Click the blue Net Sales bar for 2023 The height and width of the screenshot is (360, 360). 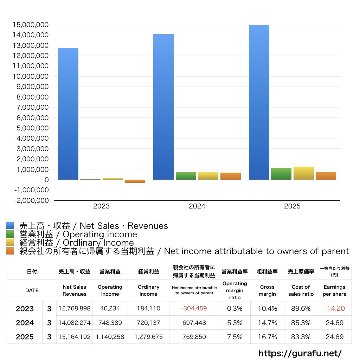(68, 114)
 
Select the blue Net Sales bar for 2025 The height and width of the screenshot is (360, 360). (259, 102)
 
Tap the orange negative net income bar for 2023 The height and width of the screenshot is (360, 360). (135, 181)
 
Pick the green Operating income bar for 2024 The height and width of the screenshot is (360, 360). (186, 176)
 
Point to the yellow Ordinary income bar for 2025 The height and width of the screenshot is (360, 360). (303, 173)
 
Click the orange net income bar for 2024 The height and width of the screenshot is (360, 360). (231, 176)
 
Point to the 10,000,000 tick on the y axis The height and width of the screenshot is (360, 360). (31, 76)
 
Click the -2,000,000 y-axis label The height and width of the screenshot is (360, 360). (31, 200)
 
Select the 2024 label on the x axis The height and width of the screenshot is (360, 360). (197, 206)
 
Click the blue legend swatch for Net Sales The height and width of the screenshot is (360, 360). (10, 225)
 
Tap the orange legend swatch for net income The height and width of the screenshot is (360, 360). (10, 251)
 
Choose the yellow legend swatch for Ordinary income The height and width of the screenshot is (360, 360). (10, 243)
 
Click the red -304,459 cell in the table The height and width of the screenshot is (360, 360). (194, 308)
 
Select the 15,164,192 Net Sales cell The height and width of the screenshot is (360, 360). (75, 337)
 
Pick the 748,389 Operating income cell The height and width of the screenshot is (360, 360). (110, 323)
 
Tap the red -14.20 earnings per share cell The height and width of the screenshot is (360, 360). (335, 308)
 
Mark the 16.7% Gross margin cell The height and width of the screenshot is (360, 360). (268, 337)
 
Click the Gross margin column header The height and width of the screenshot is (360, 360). (267, 290)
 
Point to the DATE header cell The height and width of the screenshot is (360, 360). (32, 290)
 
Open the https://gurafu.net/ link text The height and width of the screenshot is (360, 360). (300, 353)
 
